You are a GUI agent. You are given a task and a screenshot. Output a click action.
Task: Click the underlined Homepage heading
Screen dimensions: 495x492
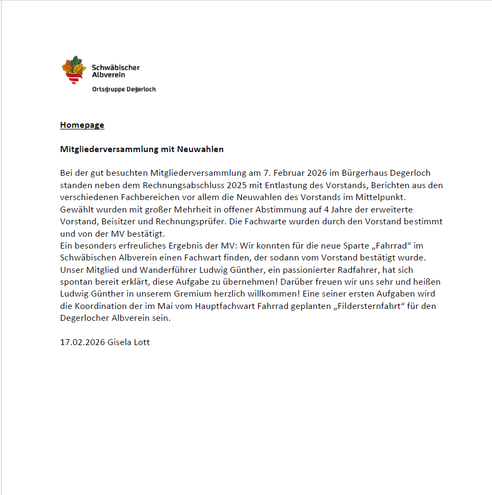click(x=82, y=125)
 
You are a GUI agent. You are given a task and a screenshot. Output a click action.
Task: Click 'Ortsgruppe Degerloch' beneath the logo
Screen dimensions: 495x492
click(x=124, y=89)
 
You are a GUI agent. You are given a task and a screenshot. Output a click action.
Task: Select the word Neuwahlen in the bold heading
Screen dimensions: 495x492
click(x=199, y=149)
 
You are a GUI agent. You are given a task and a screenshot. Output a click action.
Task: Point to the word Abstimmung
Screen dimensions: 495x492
click(x=269, y=209)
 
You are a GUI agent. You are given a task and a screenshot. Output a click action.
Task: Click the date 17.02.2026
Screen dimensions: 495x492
click(x=82, y=342)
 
